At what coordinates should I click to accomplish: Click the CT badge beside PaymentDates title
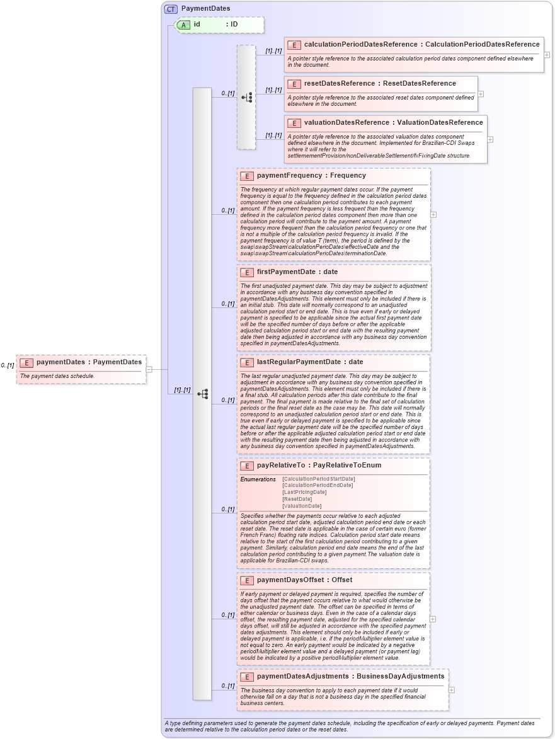pyautogui.click(x=171, y=9)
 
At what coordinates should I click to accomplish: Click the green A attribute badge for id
pyautogui.click(x=183, y=25)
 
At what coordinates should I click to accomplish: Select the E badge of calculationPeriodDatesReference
pyautogui.click(x=294, y=45)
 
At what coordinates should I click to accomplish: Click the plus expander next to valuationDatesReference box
pyautogui.click(x=490, y=139)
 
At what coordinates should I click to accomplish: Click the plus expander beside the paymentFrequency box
pyautogui.click(x=433, y=214)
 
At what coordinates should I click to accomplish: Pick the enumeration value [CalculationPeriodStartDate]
pyautogui.click(x=318, y=479)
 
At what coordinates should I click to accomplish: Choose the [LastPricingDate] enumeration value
pyautogui.click(x=304, y=492)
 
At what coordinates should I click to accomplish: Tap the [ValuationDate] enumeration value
pyautogui.click(x=302, y=506)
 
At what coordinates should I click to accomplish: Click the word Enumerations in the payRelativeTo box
pyautogui.click(x=258, y=479)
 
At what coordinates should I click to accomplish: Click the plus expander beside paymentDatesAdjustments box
pyautogui.click(x=452, y=690)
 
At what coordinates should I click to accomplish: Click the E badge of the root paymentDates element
pyautogui.click(x=26, y=362)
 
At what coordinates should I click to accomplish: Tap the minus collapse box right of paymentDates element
pyautogui.click(x=149, y=369)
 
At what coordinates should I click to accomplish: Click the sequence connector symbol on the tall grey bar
pyautogui.click(x=202, y=394)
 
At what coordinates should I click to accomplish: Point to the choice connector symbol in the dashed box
pyautogui.click(x=247, y=97)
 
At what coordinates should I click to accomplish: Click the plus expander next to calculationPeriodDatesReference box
pyautogui.click(x=547, y=55)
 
